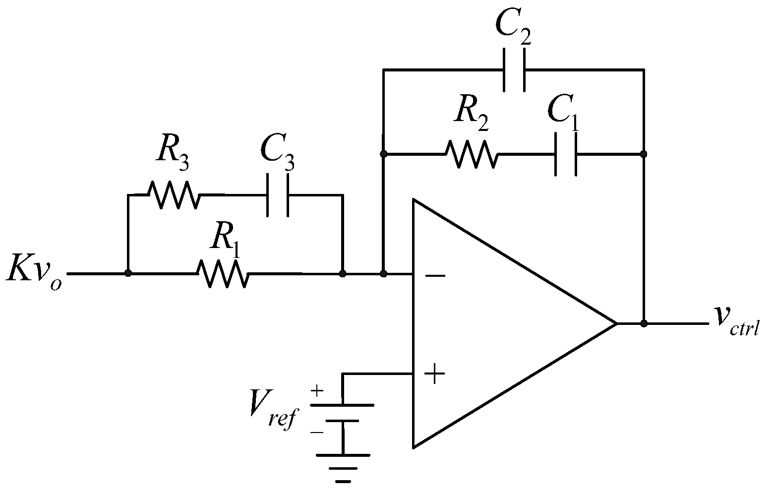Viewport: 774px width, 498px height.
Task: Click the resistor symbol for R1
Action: [223, 273]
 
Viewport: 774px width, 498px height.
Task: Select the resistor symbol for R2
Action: [471, 154]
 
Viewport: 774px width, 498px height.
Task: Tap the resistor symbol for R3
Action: [174, 194]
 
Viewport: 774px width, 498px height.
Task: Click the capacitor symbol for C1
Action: [565, 154]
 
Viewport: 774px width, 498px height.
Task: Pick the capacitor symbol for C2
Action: [514, 70]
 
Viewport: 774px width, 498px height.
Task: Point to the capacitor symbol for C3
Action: [277, 194]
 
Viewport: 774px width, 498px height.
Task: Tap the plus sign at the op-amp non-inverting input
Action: [434, 373]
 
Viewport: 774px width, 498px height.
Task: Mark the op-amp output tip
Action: [616, 323]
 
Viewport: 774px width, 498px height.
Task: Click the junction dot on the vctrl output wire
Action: [644, 323]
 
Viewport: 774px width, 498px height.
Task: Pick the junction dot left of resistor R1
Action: [128, 273]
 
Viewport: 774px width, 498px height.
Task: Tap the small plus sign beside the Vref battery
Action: [316, 391]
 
